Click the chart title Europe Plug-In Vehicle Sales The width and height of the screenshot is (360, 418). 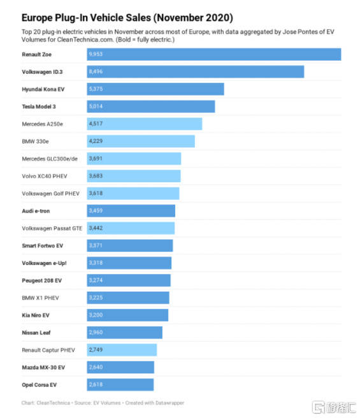click(127, 18)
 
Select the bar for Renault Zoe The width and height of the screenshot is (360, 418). click(214, 54)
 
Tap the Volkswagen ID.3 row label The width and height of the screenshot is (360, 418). click(42, 72)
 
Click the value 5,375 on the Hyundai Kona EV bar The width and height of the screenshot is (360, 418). click(96, 89)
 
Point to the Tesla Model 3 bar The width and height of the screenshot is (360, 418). click(151, 106)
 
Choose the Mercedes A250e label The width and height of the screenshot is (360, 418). click(43, 124)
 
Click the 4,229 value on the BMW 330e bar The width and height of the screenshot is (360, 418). click(96, 141)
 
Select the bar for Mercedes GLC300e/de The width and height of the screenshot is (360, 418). click(134, 159)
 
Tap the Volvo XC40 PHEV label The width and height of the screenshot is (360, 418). click(45, 177)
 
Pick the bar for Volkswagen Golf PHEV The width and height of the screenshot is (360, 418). click(133, 194)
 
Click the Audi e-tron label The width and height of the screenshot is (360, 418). click(36, 211)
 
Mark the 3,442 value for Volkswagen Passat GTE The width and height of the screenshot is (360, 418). click(96, 228)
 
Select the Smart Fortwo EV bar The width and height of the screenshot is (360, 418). click(130, 245)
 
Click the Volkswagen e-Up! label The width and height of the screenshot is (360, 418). click(44, 263)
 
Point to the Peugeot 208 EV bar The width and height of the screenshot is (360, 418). click(129, 280)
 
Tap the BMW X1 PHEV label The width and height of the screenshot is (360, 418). click(40, 298)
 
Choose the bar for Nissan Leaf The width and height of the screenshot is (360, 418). click(124, 333)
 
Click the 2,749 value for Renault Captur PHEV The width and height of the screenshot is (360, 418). click(96, 349)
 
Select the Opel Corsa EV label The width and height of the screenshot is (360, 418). click(40, 385)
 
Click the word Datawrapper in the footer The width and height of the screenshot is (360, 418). click(169, 403)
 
